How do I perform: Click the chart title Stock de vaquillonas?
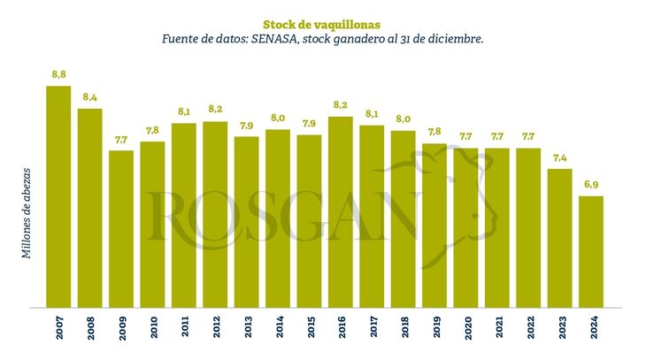coord(322,24)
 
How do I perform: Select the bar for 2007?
coord(58,196)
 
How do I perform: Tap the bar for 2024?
coord(591,251)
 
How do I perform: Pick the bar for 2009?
coord(121,228)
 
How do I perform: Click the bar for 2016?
coord(341,211)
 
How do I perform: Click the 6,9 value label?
coord(591,185)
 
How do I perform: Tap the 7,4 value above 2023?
coord(559,157)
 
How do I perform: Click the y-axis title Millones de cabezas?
coord(27,211)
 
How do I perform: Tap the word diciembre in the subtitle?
coord(450,41)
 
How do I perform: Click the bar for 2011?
coord(184,215)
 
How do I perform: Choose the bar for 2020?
coord(465,227)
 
